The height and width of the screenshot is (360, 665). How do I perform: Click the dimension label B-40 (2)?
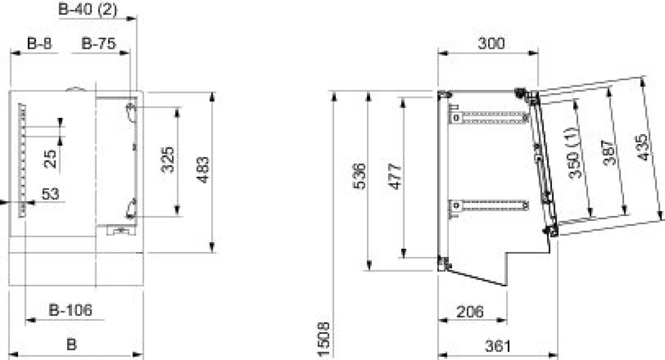pyautogui.click(x=88, y=9)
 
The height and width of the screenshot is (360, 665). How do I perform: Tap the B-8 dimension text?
pyautogui.click(x=39, y=43)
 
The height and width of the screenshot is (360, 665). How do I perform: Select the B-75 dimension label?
pyautogui.click(x=98, y=43)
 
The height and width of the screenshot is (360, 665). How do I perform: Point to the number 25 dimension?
pyautogui.click(x=50, y=159)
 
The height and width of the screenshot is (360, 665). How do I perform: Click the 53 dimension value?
pyautogui.click(x=50, y=194)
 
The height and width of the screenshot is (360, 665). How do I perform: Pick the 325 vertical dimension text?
pyautogui.click(x=167, y=160)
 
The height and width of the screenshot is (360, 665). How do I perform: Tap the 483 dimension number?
pyautogui.click(x=203, y=170)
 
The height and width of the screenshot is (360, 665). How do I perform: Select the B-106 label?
pyautogui.click(x=70, y=310)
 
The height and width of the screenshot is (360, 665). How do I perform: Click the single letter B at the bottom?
pyautogui.click(x=71, y=344)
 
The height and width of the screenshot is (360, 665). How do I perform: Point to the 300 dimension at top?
pyautogui.click(x=492, y=43)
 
